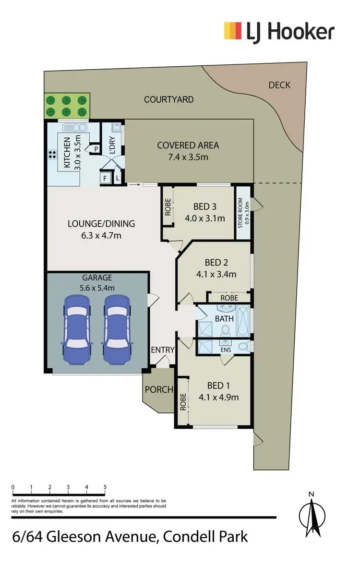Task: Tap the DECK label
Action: (279, 85)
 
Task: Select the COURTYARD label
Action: (169, 99)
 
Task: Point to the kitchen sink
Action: (73, 129)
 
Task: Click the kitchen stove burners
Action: (52, 155)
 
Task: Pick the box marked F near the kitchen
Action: (103, 178)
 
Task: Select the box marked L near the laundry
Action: (118, 178)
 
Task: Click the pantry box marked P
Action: (96, 149)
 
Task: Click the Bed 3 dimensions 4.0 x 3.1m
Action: (205, 218)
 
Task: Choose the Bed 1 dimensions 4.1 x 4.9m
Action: (218, 397)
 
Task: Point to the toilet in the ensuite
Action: (243, 346)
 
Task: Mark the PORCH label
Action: (159, 389)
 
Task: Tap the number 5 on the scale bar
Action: (105, 487)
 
